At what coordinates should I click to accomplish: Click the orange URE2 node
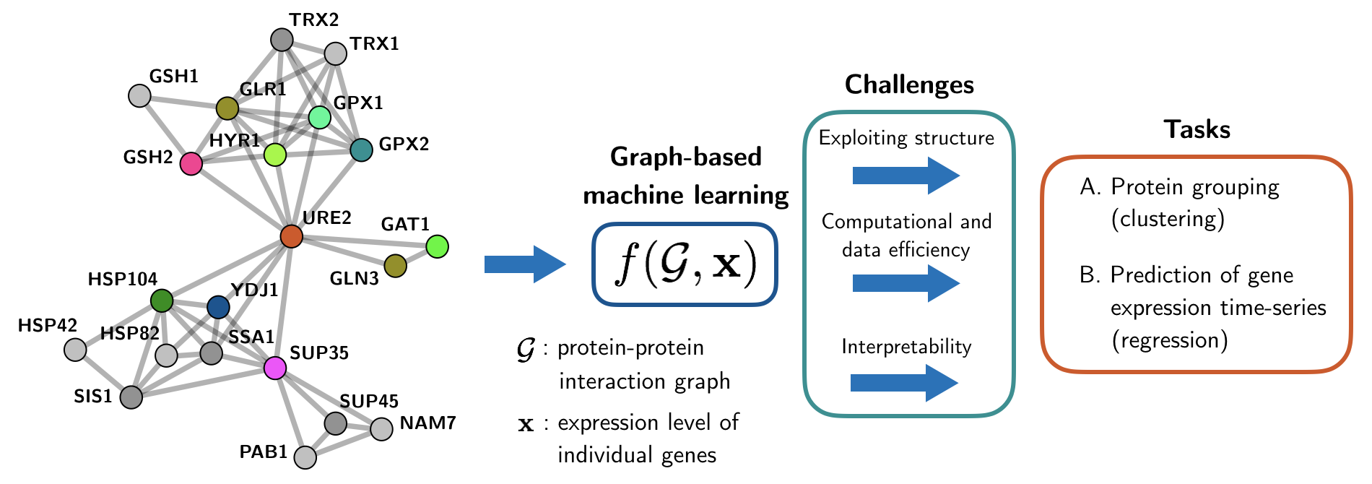[291, 235]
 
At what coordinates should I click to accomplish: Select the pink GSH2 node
[191, 163]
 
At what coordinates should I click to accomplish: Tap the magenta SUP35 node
[274, 368]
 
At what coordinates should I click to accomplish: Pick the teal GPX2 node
[361, 150]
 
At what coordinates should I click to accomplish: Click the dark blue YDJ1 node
[218, 307]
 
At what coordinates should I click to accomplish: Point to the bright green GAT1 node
[437, 246]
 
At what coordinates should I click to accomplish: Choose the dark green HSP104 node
[162, 301]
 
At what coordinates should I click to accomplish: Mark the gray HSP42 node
[75, 350]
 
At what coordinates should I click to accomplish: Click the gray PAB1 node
[305, 457]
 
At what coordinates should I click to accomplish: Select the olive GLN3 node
[395, 266]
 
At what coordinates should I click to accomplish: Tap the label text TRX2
[314, 20]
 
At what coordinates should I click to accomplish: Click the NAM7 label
[427, 423]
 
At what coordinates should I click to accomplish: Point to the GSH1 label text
[173, 76]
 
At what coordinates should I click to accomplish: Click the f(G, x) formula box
[685, 264]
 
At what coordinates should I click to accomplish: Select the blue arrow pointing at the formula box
[524, 264]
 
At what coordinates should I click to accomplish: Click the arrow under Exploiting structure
[906, 176]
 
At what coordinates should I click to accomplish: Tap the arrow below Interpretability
[904, 382]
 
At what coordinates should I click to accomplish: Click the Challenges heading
[909, 85]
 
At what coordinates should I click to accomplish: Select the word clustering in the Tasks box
[1168, 219]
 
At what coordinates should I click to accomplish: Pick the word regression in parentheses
[1170, 340]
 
